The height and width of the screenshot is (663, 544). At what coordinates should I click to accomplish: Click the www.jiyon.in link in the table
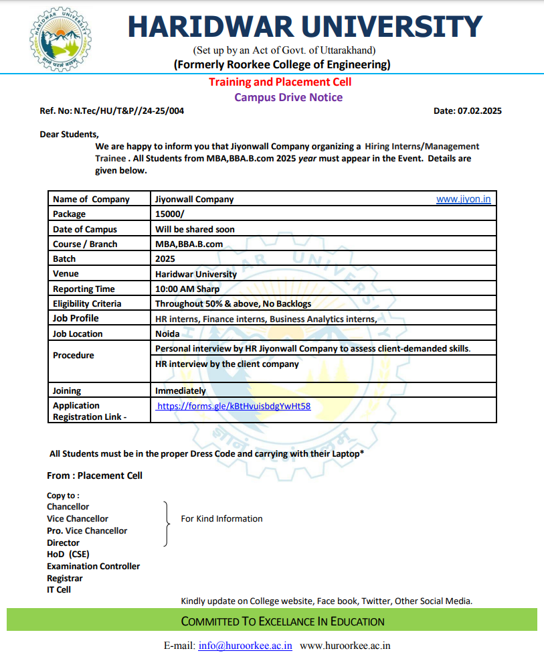pos(463,199)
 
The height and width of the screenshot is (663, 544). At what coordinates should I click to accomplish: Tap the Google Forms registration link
pos(234,406)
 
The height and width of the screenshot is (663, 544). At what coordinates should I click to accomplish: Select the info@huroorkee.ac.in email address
pos(246,646)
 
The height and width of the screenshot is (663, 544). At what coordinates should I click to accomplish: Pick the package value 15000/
pos(169,214)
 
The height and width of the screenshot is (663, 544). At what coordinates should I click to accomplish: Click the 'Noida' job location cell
pos(167,334)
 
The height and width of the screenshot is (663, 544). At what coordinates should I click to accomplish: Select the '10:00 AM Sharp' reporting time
pos(187,289)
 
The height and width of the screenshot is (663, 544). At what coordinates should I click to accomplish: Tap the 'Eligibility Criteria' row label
pos(87,304)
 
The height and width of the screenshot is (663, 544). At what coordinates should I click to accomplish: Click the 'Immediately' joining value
pos(181,390)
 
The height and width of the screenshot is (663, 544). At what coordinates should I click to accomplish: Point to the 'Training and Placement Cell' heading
pos(280,82)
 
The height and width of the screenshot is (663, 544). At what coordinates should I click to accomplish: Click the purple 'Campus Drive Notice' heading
pos(288,97)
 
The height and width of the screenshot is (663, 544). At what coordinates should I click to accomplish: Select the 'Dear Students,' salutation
pos(69,134)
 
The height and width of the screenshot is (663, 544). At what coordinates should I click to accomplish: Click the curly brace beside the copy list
pos(165,523)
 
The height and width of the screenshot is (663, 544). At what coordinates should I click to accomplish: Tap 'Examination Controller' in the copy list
pos(93,567)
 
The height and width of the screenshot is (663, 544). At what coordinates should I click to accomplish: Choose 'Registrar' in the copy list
pos(65,578)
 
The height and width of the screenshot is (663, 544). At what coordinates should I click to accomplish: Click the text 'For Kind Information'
pos(221,519)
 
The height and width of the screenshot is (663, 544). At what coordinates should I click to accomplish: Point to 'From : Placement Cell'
pos(94,475)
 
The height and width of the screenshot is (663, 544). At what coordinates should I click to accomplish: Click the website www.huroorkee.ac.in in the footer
pos(345,646)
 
